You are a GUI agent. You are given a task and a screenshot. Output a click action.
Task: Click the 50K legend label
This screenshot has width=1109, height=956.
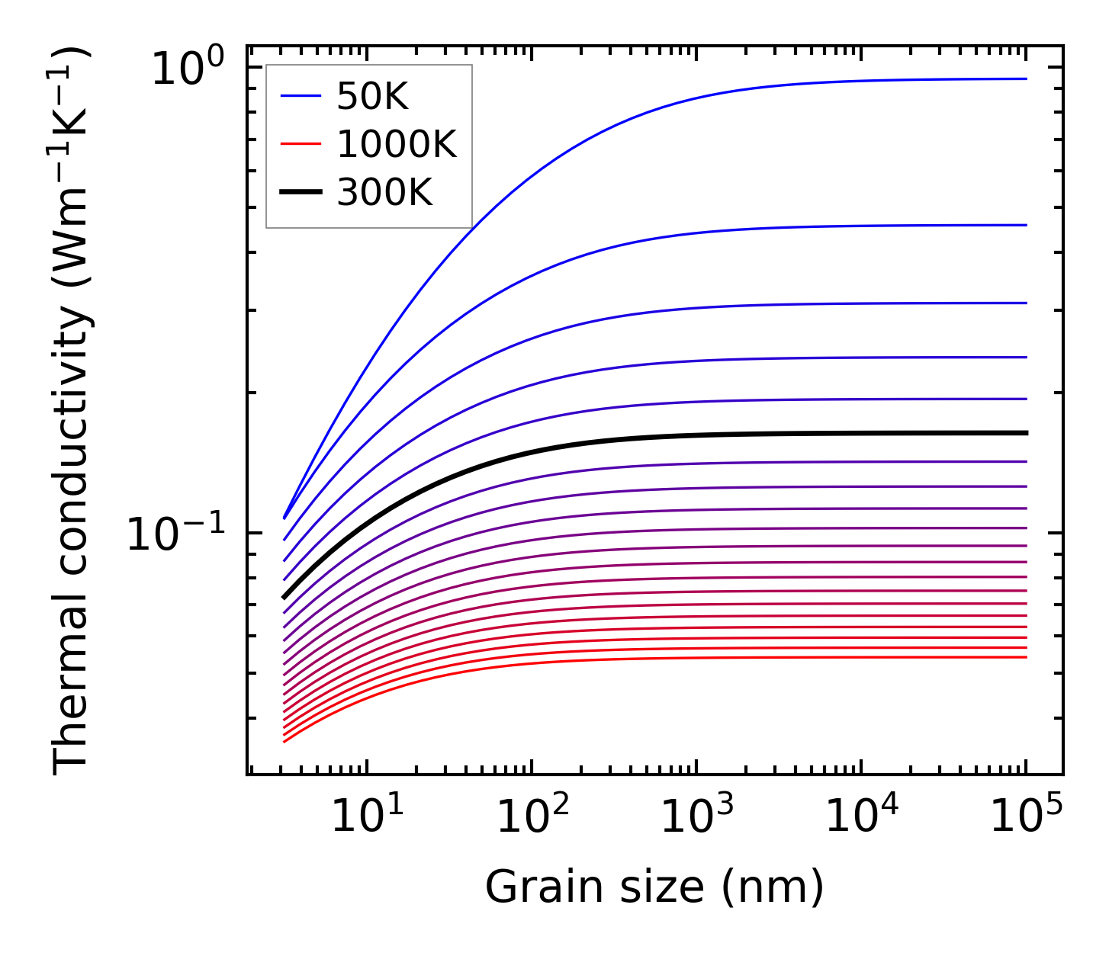click(372, 97)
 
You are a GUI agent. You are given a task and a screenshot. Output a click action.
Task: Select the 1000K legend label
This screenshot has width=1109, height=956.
click(397, 145)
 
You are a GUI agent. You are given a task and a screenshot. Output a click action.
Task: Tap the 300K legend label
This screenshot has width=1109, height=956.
click(384, 193)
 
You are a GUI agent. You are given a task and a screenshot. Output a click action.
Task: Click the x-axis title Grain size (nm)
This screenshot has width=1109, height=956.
click(654, 887)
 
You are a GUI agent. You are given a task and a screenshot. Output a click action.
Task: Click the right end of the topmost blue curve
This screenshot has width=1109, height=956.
click(1026, 79)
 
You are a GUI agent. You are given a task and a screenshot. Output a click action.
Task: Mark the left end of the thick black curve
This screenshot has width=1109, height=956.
click(284, 597)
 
